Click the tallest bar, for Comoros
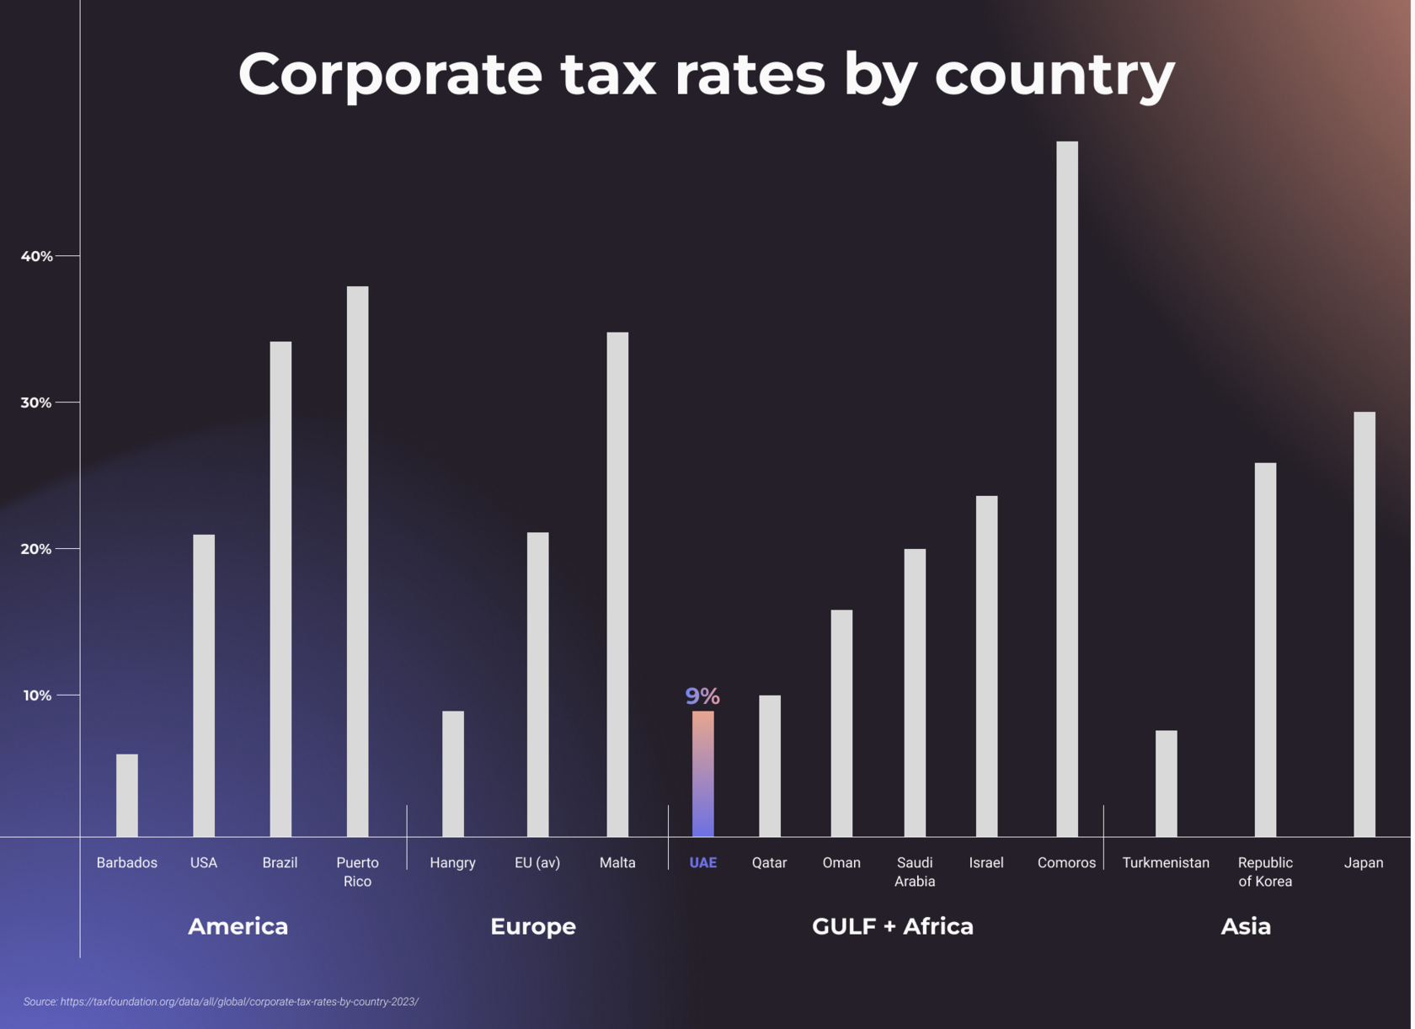pyautogui.click(x=1066, y=488)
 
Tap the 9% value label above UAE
pyautogui.click(x=702, y=696)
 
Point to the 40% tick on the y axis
pyautogui.click(x=37, y=256)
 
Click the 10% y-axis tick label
pyautogui.click(x=37, y=696)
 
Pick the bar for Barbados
pyautogui.click(x=127, y=795)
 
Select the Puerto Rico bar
pyautogui.click(x=357, y=561)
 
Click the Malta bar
pyautogui.click(x=617, y=584)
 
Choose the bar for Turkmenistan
pyautogui.click(x=1166, y=783)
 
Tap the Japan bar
pyautogui.click(x=1364, y=623)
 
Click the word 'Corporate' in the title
pyautogui.click(x=390, y=74)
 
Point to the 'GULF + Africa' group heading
pyautogui.click(x=892, y=926)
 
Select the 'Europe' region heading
pyautogui.click(x=532, y=926)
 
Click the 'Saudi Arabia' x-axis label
pyautogui.click(x=915, y=872)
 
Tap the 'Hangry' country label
pyautogui.click(x=452, y=862)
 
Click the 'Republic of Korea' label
pyautogui.click(x=1264, y=872)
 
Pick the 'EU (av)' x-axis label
pyautogui.click(x=537, y=862)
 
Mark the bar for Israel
pyautogui.click(x=986, y=665)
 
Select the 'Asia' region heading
pyautogui.click(x=1245, y=926)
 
